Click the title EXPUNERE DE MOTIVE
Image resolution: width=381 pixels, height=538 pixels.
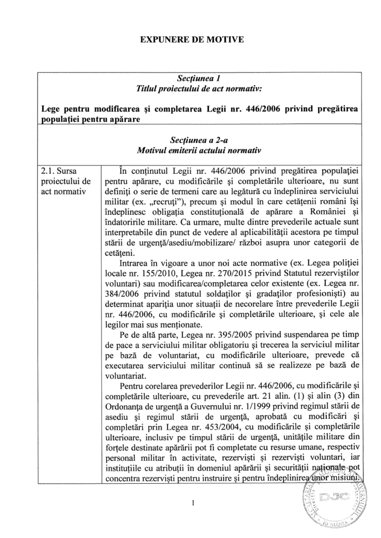(190, 39)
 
